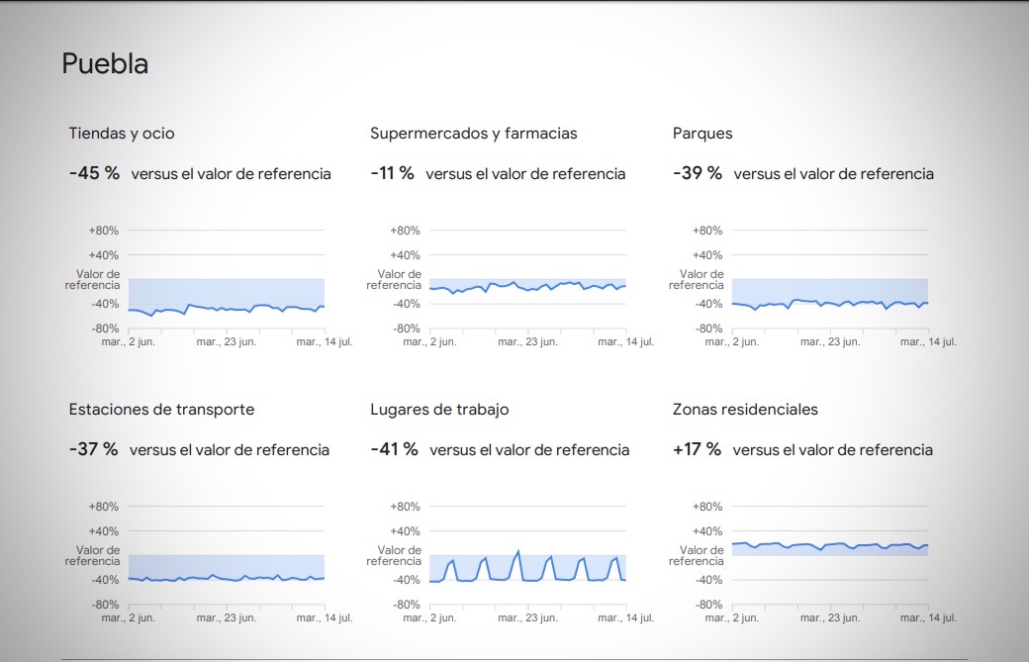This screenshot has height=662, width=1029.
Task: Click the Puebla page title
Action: coord(105,64)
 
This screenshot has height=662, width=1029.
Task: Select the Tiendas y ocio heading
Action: coord(122,134)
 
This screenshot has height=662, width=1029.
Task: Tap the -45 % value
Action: coord(94,173)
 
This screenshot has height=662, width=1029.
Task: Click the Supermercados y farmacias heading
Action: coord(473,134)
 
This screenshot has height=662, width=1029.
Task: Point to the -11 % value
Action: coord(392,173)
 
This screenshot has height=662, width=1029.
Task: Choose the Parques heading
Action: coord(702,134)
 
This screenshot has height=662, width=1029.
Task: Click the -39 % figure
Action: coord(697,173)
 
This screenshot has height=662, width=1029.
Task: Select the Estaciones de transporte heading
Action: coord(161,410)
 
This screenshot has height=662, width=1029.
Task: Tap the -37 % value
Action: coord(93,449)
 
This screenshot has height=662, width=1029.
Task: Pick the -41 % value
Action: coord(394,449)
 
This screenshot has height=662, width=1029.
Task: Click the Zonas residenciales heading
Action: coord(745,410)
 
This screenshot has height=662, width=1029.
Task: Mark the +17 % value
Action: coord(697,449)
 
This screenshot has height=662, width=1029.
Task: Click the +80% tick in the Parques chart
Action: coord(706,231)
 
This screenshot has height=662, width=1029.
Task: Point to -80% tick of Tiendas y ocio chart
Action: coord(104,329)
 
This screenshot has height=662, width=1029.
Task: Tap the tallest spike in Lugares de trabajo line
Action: coord(517,551)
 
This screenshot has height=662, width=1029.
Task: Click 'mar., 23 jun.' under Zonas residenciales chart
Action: coord(830,618)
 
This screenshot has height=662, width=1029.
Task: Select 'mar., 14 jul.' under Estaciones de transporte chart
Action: coord(325,618)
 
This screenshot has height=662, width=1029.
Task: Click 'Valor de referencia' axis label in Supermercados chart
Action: coord(394,280)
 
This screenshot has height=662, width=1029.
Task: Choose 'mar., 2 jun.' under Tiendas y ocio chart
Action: coord(129,342)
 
